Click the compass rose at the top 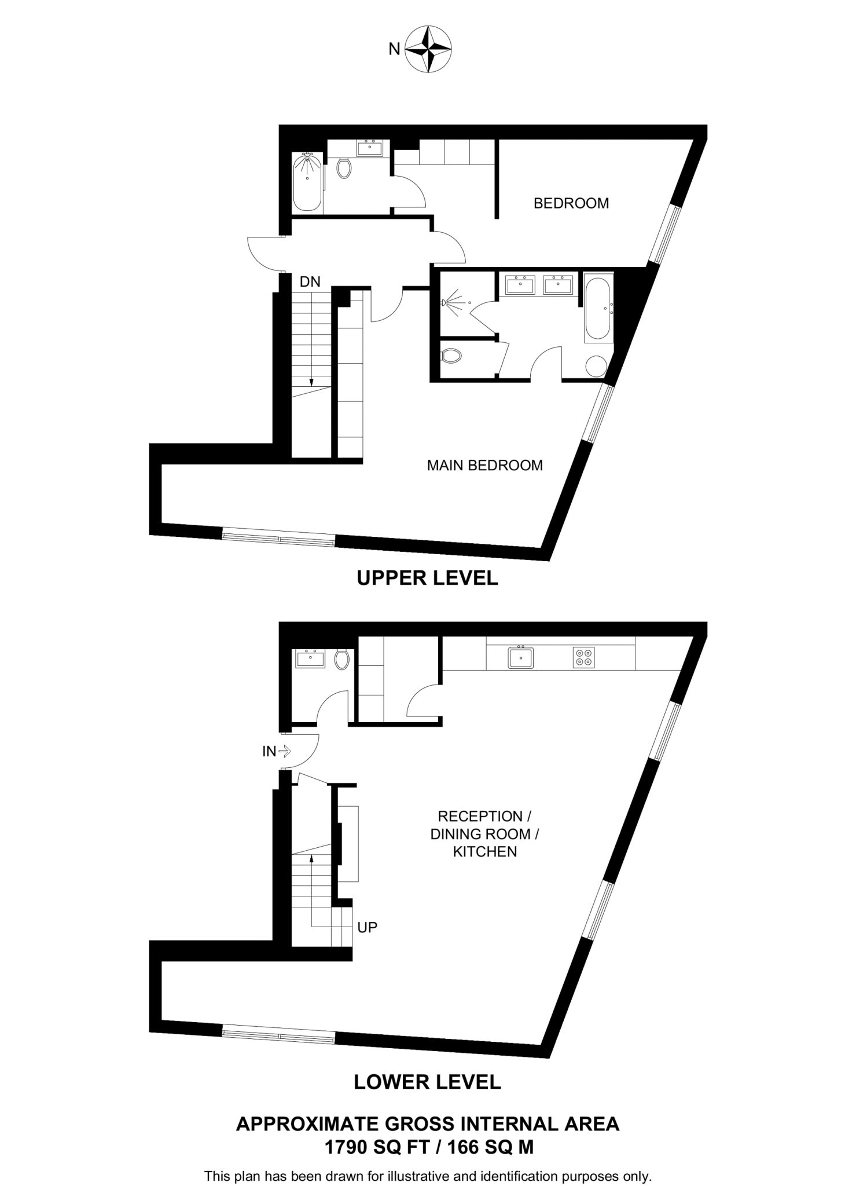click(x=428, y=49)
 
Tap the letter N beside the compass click(x=394, y=50)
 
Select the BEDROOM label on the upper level click(x=571, y=203)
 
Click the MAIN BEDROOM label click(x=484, y=465)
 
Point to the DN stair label click(x=310, y=282)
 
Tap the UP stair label click(x=367, y=927)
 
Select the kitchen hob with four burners click(x=583, y=657)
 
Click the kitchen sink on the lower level click(x=520, y=657)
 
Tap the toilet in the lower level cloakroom click(x=342, y=659)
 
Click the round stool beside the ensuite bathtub click(x=596, y=366)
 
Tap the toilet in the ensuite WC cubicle click(x=451, y=356)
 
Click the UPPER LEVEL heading click(x=427, y=578)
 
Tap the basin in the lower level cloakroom click(x=310, y=658)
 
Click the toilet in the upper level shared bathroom click(x=344, y=168)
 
